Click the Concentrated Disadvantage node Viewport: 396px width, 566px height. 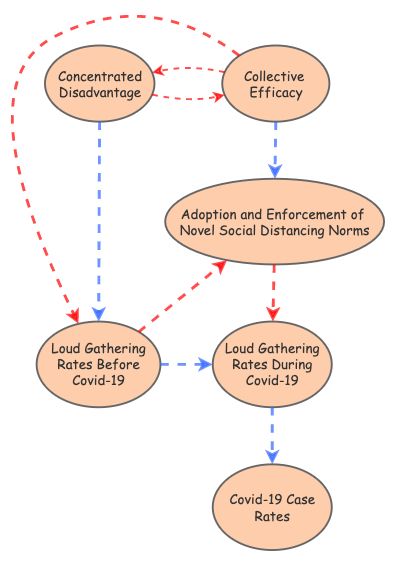click(x=99, y=85)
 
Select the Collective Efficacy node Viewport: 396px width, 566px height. click(x=274, y=85)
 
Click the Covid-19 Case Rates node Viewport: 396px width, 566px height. click(x=272, y=507)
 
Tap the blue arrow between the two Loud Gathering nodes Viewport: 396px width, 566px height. click(x=185, y=365)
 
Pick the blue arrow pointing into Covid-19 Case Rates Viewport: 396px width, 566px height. click(x=272, y=435)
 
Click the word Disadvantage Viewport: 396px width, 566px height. click(x=99, y=94)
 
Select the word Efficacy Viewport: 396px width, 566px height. click(x=274, y=94)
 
